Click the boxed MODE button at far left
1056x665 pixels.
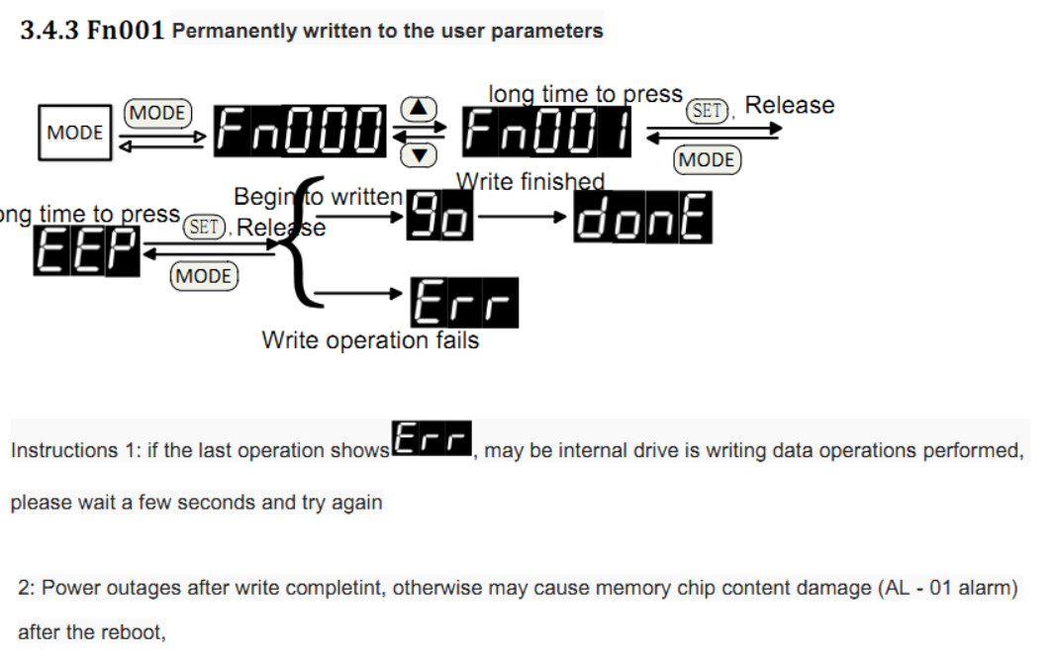point(75,133)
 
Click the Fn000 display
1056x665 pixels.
point(300,133)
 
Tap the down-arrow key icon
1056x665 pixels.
point(421,154)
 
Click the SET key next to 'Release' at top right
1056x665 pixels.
point(708,110)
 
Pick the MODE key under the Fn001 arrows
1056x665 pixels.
point(707,159)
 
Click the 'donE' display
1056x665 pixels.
point(643,218)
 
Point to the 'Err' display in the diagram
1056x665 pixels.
point(465,301)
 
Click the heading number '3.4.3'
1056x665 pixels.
point(47,31)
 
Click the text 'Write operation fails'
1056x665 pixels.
point(370,340)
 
